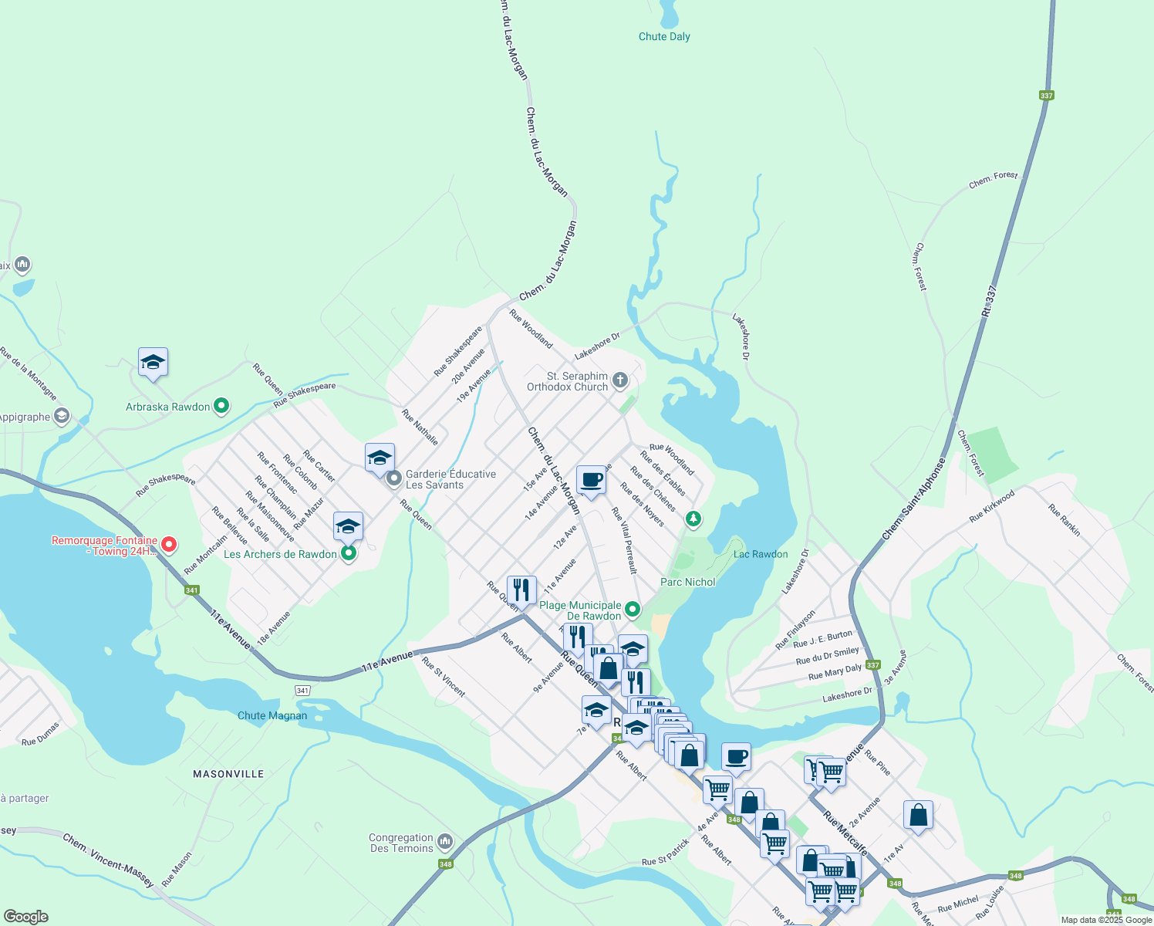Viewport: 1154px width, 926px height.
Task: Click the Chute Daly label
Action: [664, 36]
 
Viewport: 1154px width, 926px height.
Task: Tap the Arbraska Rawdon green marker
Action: [221, 406]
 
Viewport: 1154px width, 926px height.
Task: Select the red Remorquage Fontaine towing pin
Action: [169, 545]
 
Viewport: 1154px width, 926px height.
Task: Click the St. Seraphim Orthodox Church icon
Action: [620, 380]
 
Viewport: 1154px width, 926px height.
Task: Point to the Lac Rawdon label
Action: [761, 554]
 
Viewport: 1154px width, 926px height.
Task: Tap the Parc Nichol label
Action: [687, 582]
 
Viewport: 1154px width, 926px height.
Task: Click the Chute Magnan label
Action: [272, 715]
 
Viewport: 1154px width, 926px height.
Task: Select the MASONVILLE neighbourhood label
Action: [228, 774]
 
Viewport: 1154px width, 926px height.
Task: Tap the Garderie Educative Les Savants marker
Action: [394, 479]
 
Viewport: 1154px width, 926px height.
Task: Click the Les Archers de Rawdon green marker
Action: [349, 553]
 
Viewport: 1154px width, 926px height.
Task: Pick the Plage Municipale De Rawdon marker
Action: [633, 610]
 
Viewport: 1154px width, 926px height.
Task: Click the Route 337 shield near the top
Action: [1046, 96]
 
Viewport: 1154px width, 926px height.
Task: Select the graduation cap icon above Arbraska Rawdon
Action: [153, 362]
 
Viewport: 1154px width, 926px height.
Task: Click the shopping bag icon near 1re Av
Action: [918, 815]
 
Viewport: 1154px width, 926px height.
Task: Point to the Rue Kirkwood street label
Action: [992, 505]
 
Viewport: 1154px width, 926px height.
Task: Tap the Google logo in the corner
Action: [25, 917]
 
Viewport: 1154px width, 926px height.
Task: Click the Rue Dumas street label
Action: [40, 734]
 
